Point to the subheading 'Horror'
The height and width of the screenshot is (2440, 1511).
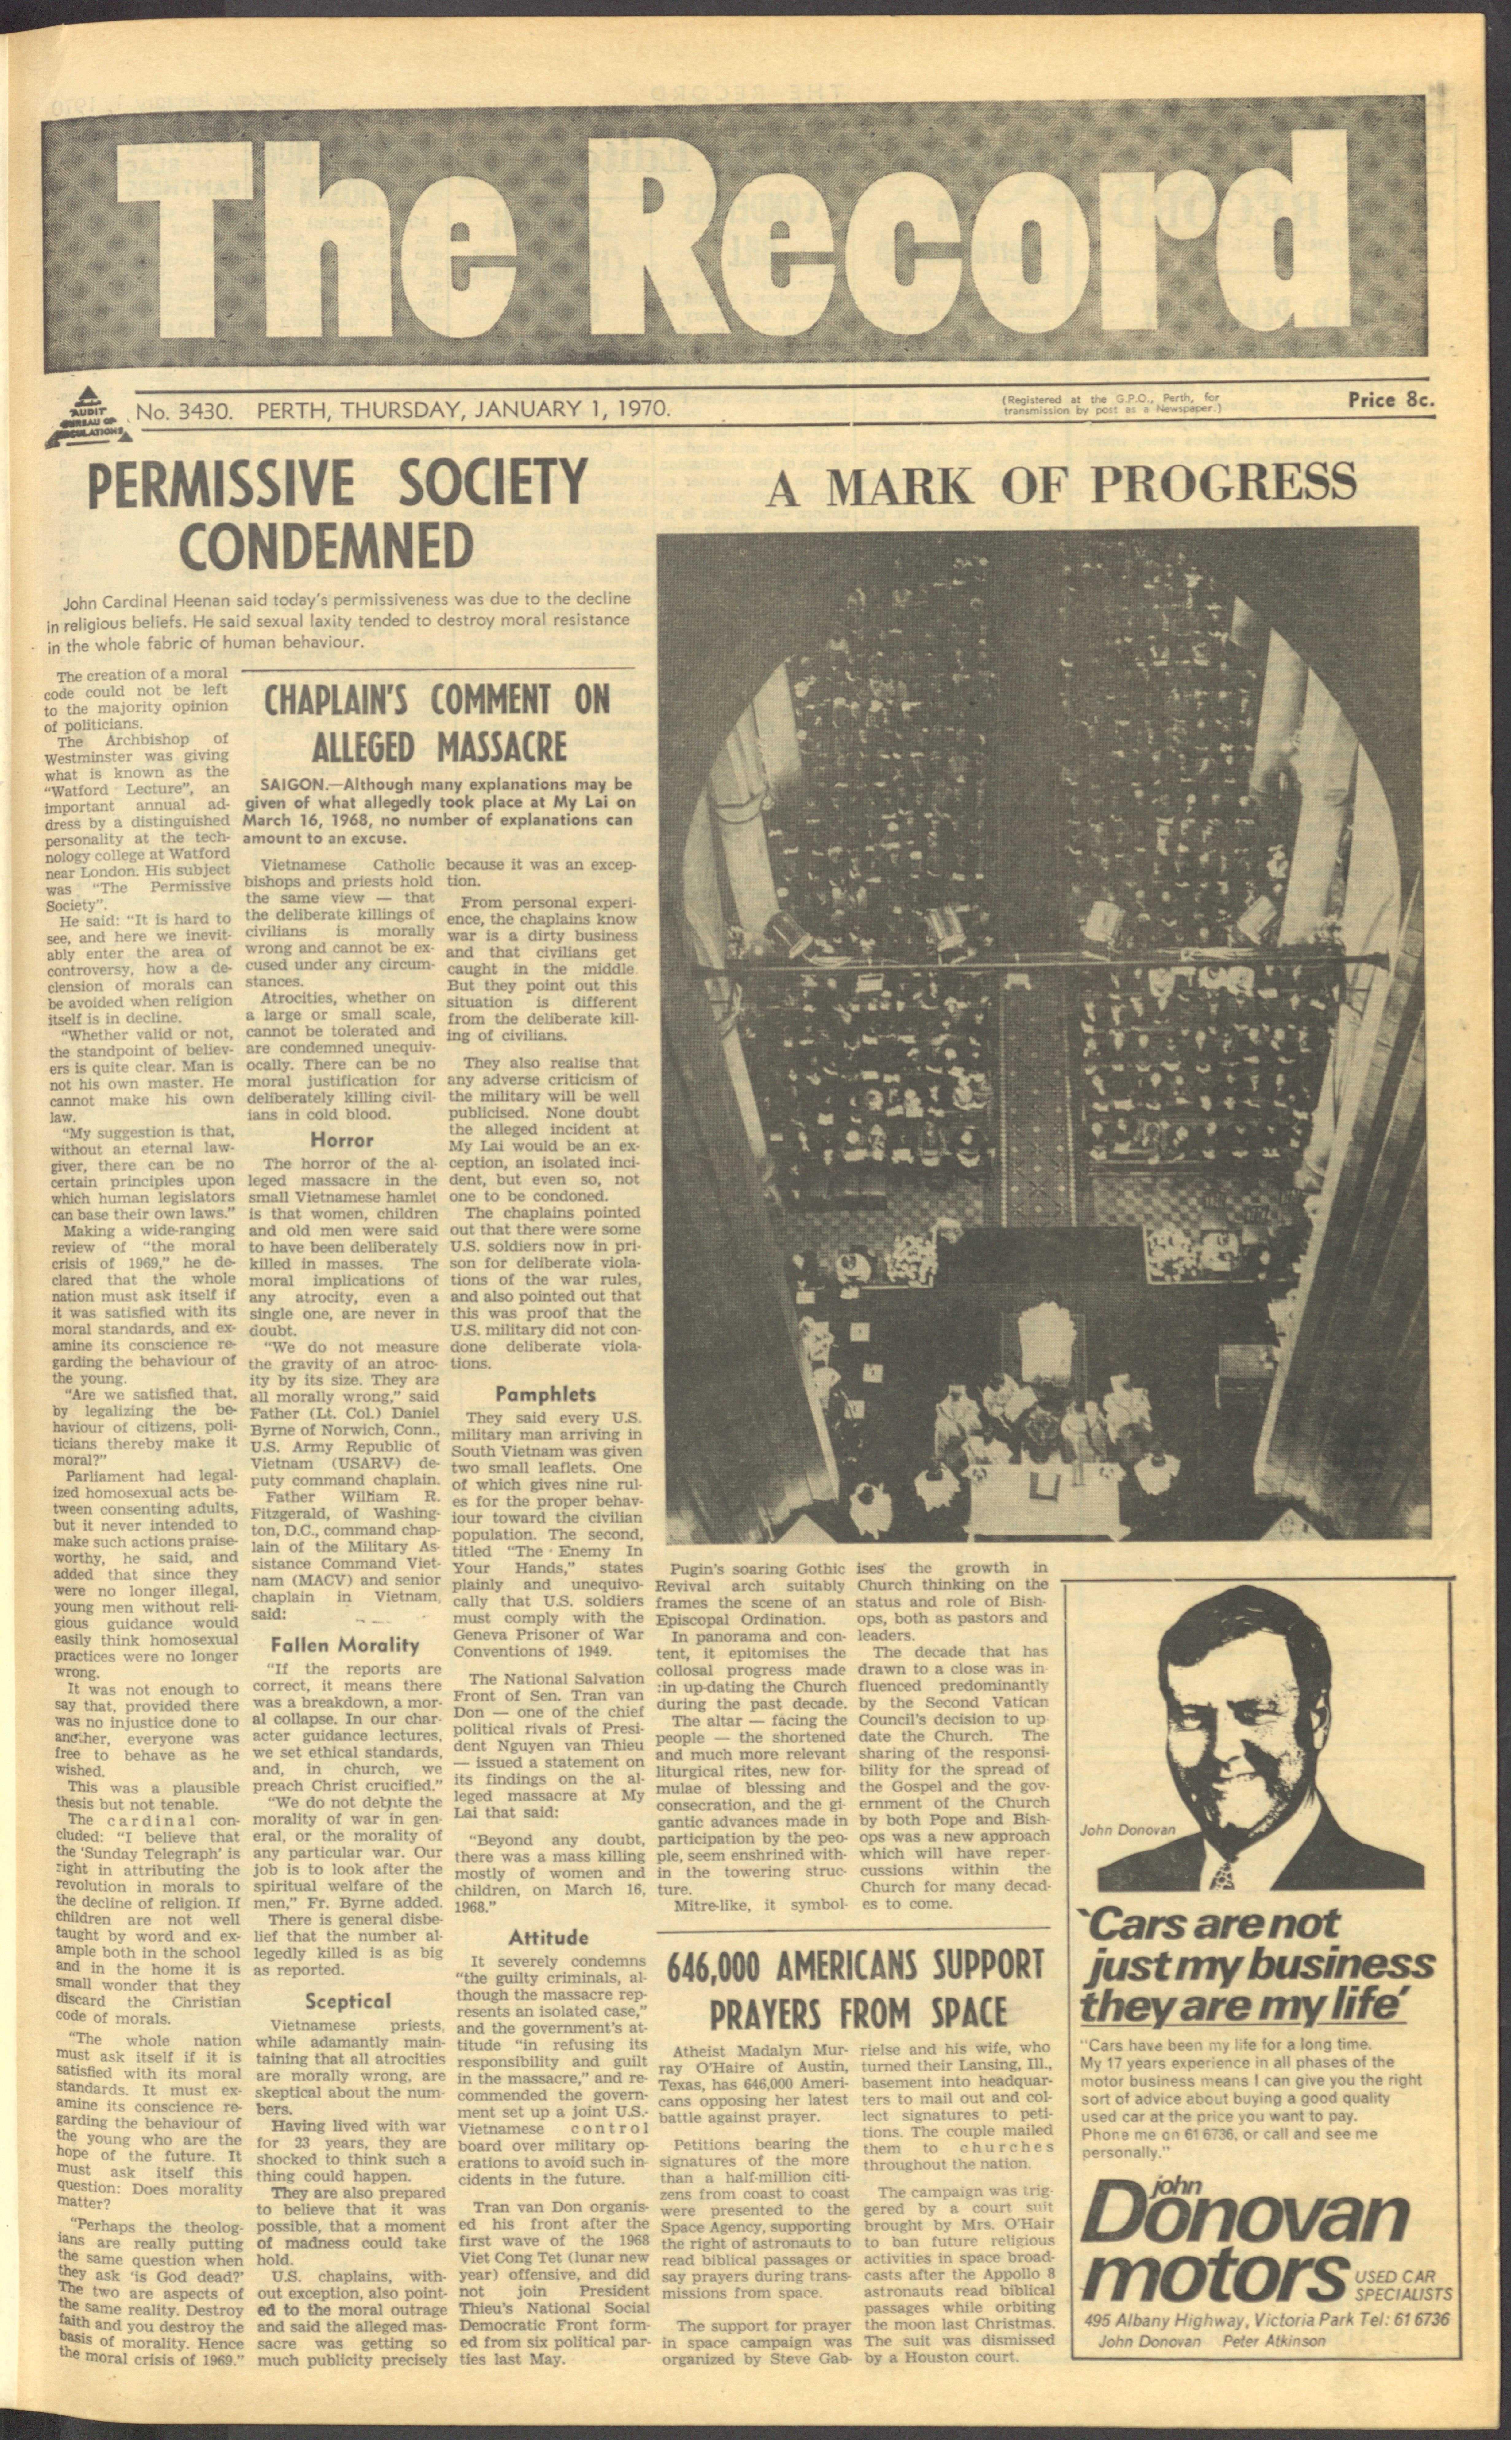pos(342,1140)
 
